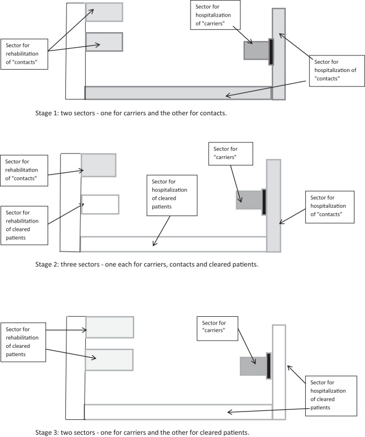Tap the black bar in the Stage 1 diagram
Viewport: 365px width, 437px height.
[x=271, y=52]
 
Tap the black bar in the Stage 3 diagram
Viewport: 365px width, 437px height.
[x=269, y=366]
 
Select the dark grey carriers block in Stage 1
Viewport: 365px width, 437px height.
[x=256, y=50]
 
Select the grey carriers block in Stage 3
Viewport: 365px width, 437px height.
[x=253, y=366]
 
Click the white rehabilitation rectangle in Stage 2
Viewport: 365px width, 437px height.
[x=100, y=204]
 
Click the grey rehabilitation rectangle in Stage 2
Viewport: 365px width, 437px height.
[x=99, y=164]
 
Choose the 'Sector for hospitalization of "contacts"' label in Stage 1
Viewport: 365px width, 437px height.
[x=336, y=70]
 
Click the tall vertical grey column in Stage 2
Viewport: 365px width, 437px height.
[x=274, y=205]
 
